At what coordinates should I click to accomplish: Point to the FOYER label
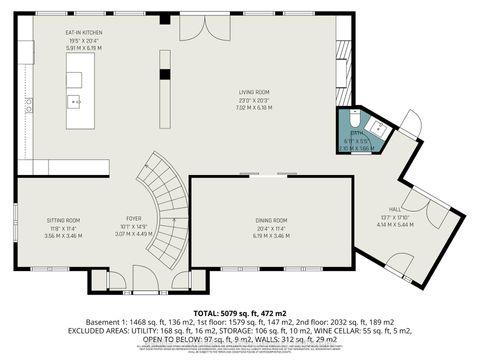[132, 217]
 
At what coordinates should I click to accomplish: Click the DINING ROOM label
[270, 220]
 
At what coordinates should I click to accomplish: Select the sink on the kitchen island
[75, 100]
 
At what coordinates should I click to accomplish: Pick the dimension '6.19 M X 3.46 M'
[270, 234]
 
